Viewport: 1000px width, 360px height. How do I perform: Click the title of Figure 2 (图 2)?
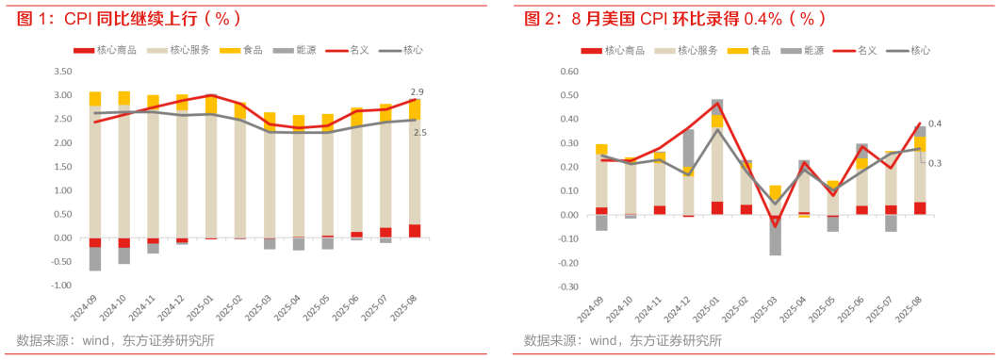click(675, 18)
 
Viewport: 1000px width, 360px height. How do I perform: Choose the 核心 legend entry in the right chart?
click(910, 50)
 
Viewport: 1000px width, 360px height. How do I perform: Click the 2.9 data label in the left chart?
click(417, 91)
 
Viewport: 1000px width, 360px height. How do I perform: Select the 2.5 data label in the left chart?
click(419, 133)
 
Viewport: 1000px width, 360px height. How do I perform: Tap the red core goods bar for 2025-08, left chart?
click(415, 231)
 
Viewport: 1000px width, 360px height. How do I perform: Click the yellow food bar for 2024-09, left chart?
click(94, 98)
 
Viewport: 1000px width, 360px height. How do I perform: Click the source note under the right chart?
click(622, 340)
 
